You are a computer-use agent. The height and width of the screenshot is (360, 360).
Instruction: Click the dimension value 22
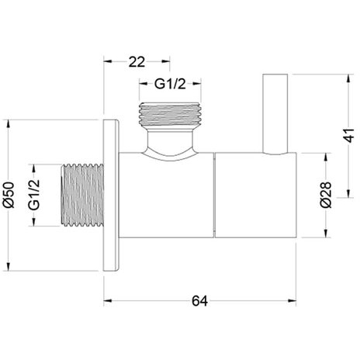pos(137,62)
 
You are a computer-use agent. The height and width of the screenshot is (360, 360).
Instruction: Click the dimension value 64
pos(199,301)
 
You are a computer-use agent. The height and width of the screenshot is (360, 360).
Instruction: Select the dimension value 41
pos(350,135)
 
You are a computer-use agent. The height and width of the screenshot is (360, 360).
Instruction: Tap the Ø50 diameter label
pos(9,195)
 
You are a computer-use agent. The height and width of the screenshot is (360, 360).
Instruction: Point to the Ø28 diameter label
pos(326,195)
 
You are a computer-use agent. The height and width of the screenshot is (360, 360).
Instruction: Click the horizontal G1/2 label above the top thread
pos(170,84)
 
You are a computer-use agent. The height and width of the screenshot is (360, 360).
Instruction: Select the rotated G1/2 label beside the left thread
pos(34,195)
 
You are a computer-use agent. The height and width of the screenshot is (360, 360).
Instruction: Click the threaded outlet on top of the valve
pos(170,115)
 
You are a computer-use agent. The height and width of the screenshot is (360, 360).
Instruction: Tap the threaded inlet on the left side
pos(82,196)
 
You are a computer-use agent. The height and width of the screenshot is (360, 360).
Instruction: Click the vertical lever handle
pos(275,115)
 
